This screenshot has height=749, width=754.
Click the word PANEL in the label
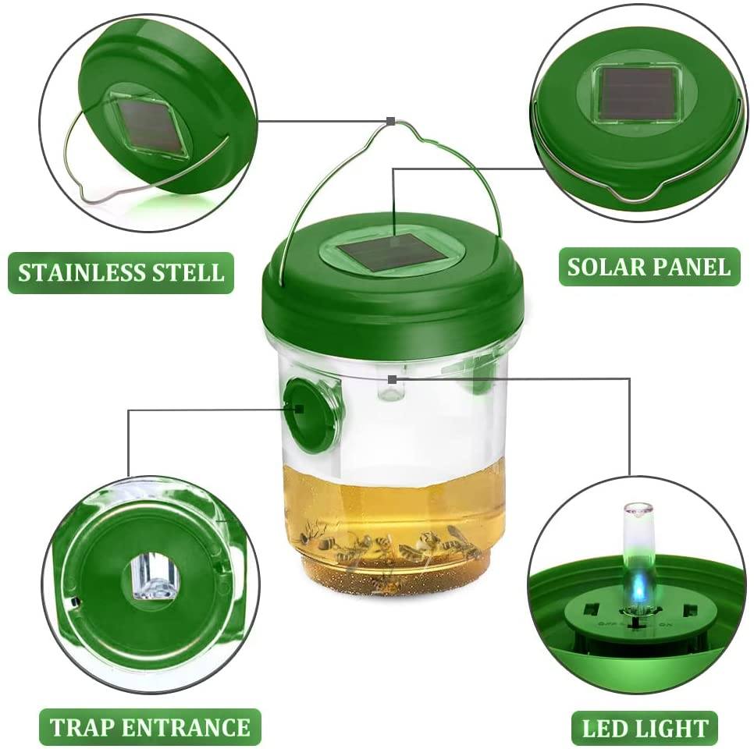pos(694,267)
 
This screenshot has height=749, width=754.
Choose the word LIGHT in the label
pos(671,729)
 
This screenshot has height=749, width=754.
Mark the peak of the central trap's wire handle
pos(389,122)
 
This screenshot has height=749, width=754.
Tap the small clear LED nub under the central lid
pos(392,388)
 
